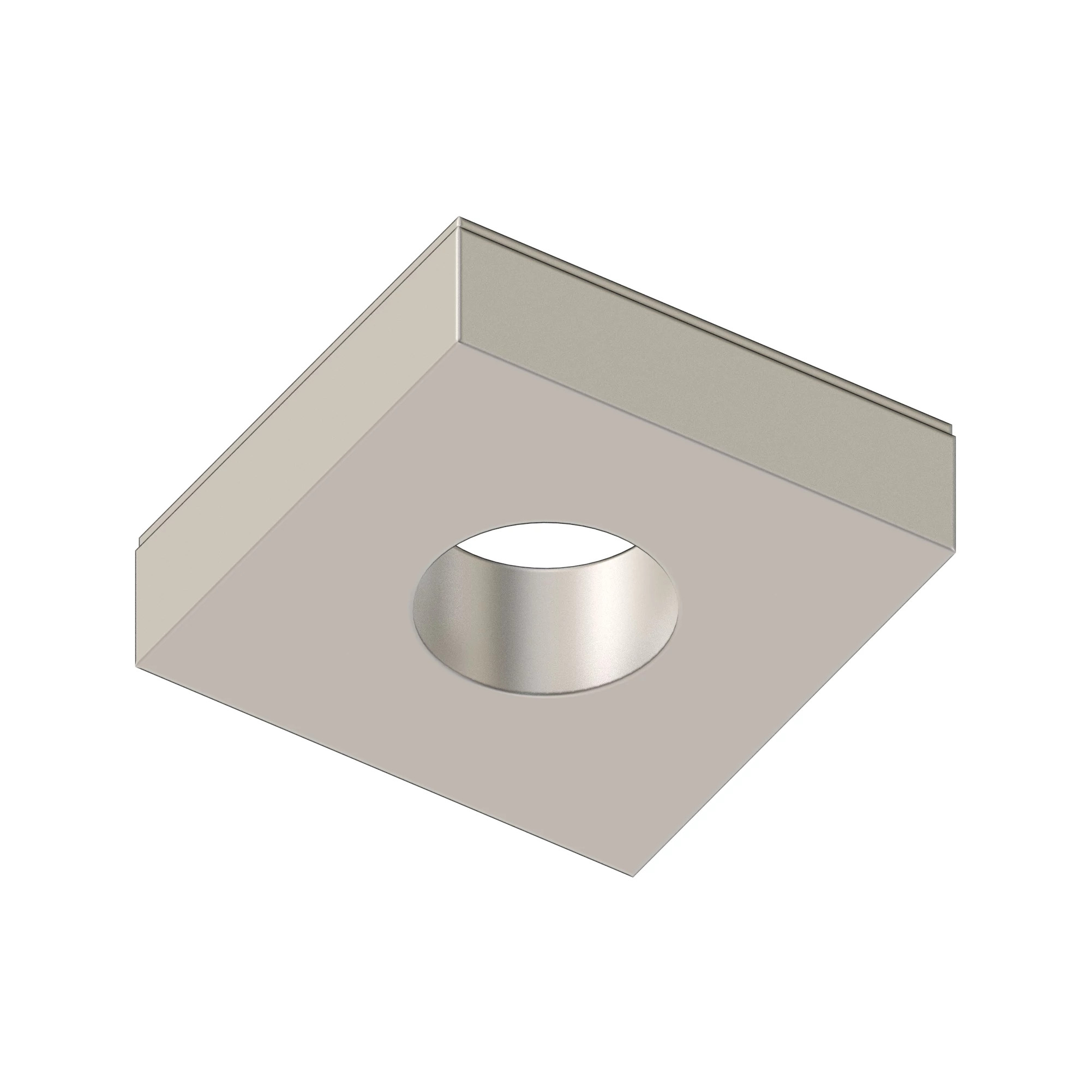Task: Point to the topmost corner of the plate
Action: point(459,218)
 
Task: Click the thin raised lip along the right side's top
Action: point(706,322)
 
